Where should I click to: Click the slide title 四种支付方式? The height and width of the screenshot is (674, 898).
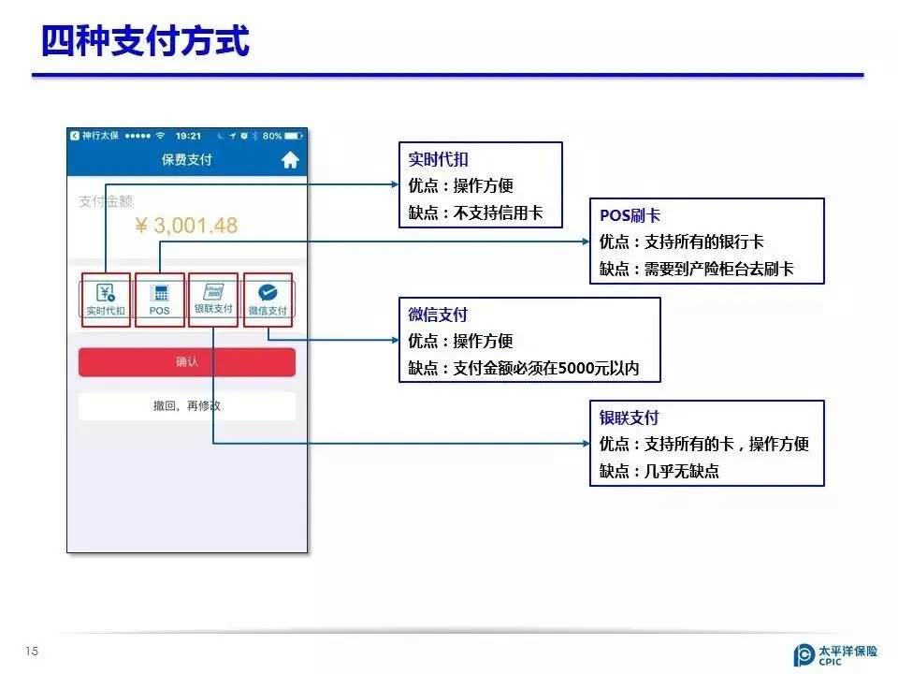tap(146, 41)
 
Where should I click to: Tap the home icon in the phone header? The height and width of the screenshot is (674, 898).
tap(290, 160)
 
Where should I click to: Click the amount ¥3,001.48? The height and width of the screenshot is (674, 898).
tap(186, 226)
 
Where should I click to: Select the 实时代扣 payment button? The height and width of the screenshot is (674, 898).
tap(105, 300)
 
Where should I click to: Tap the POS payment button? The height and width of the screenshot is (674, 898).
tap(159, 300)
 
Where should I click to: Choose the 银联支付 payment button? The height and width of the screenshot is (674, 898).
tap(213, 300)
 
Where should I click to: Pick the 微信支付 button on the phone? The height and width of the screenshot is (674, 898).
tap(268, 300)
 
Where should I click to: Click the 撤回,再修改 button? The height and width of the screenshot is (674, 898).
tap(187, 406)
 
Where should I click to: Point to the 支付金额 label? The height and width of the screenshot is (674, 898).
tap(106, 201)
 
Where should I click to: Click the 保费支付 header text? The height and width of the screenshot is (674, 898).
tap(187, 160)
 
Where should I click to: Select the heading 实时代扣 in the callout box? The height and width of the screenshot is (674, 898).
tap(439, 159)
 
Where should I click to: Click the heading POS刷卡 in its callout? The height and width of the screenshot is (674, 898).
tap(630, 215)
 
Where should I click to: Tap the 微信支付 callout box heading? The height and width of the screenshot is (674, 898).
tap(439, 315)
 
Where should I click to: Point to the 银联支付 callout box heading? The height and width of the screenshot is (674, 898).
tap(630, 418)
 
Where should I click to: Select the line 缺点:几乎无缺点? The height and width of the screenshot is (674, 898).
tap(659, 471)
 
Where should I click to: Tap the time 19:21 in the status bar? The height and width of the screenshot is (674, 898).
tap(188, 136)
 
